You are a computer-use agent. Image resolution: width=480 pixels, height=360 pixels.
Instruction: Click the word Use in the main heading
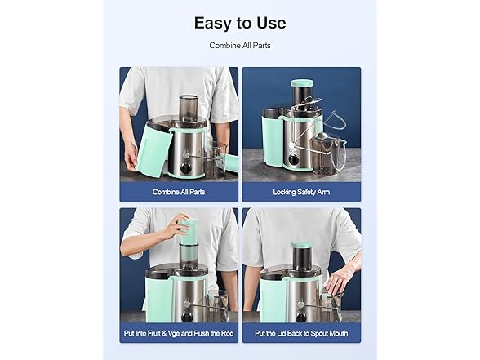(271, 23)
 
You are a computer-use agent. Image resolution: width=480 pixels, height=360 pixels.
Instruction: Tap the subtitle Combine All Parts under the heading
(240, 46)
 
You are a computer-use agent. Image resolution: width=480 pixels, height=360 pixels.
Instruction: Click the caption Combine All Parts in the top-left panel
(179, 192)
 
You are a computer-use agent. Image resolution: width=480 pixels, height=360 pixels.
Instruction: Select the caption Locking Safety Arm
(301, 192)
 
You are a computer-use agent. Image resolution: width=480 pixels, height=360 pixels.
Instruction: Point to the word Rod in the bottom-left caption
(227, 333)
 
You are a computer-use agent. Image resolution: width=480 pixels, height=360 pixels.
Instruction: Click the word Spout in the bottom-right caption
(320, 333)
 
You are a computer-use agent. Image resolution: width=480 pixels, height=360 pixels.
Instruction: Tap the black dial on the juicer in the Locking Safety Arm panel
(295, 160)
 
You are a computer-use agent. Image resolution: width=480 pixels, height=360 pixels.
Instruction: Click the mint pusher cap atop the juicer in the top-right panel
(302, 83)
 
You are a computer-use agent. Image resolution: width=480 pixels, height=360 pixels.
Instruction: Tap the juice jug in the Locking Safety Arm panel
(328, 154)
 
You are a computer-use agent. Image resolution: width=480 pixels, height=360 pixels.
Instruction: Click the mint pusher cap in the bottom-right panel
(302, 245)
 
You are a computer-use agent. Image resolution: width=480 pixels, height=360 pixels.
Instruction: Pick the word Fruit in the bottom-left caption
(152, 333)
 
